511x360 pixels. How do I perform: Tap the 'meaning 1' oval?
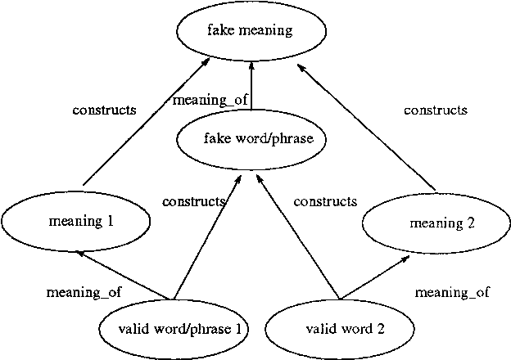point(75,221)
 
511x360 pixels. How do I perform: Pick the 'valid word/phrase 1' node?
point(174,330)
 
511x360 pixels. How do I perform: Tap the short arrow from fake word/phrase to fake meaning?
point(251,85)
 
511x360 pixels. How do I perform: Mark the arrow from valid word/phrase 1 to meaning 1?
point(123,275)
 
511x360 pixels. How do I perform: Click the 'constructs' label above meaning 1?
point(104,110)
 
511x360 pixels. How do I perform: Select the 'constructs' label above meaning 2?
point(436,110)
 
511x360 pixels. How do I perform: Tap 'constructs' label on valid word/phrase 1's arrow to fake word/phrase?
point(194,201)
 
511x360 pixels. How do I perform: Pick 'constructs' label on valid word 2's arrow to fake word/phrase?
point(325,201)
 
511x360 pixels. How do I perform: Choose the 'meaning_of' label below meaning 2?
point(452,291)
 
